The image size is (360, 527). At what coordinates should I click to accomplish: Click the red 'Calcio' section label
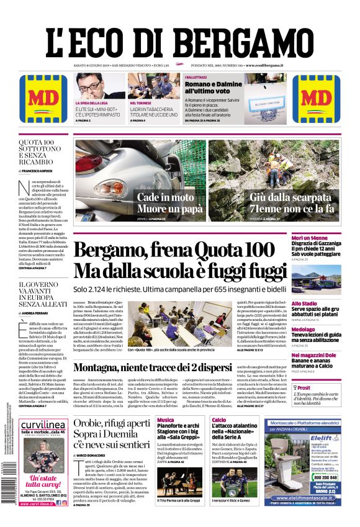tap(218, 420)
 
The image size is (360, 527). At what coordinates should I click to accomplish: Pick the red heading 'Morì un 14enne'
tap(326, 238)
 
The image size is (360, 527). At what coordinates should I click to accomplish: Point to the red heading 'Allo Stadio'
tap(322, 302)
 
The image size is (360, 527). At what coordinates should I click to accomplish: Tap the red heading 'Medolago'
tap(321, 329)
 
